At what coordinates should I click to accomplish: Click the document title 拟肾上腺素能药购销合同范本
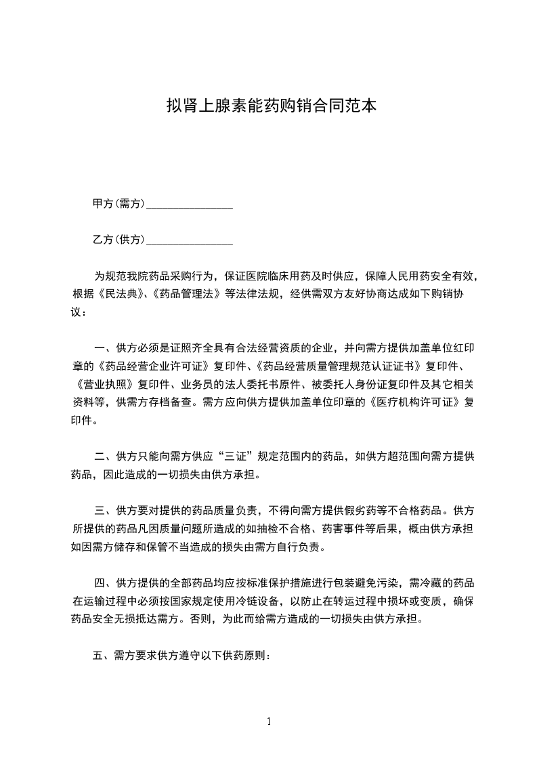click(x=271, y=106)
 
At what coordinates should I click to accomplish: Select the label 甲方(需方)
click(x=119, y=203)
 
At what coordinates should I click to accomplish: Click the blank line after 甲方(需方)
click(x=190, y=205)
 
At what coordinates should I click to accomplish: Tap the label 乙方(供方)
click(x=119, y=240)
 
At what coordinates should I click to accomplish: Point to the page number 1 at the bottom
click(x=269, y=721)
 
